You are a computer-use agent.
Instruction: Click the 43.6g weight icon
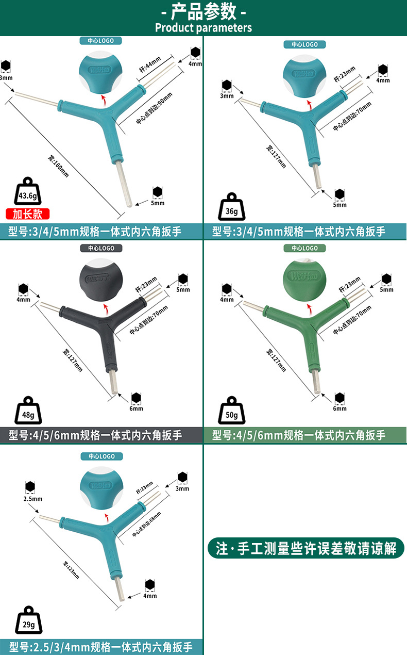(x=27, y=193)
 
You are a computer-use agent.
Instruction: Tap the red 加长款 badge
(x=27, y=214)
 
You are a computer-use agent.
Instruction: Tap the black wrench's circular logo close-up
(x=100, y=282)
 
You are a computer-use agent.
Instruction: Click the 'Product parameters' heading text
(x=203, y=27)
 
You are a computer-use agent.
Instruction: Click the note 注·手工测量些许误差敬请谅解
(x=306, y=548)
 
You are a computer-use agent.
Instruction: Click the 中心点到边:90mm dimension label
(x=156, y=108)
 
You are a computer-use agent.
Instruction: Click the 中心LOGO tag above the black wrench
(x=100, y=248)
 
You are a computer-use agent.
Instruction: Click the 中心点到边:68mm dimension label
(x=147, y=523)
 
